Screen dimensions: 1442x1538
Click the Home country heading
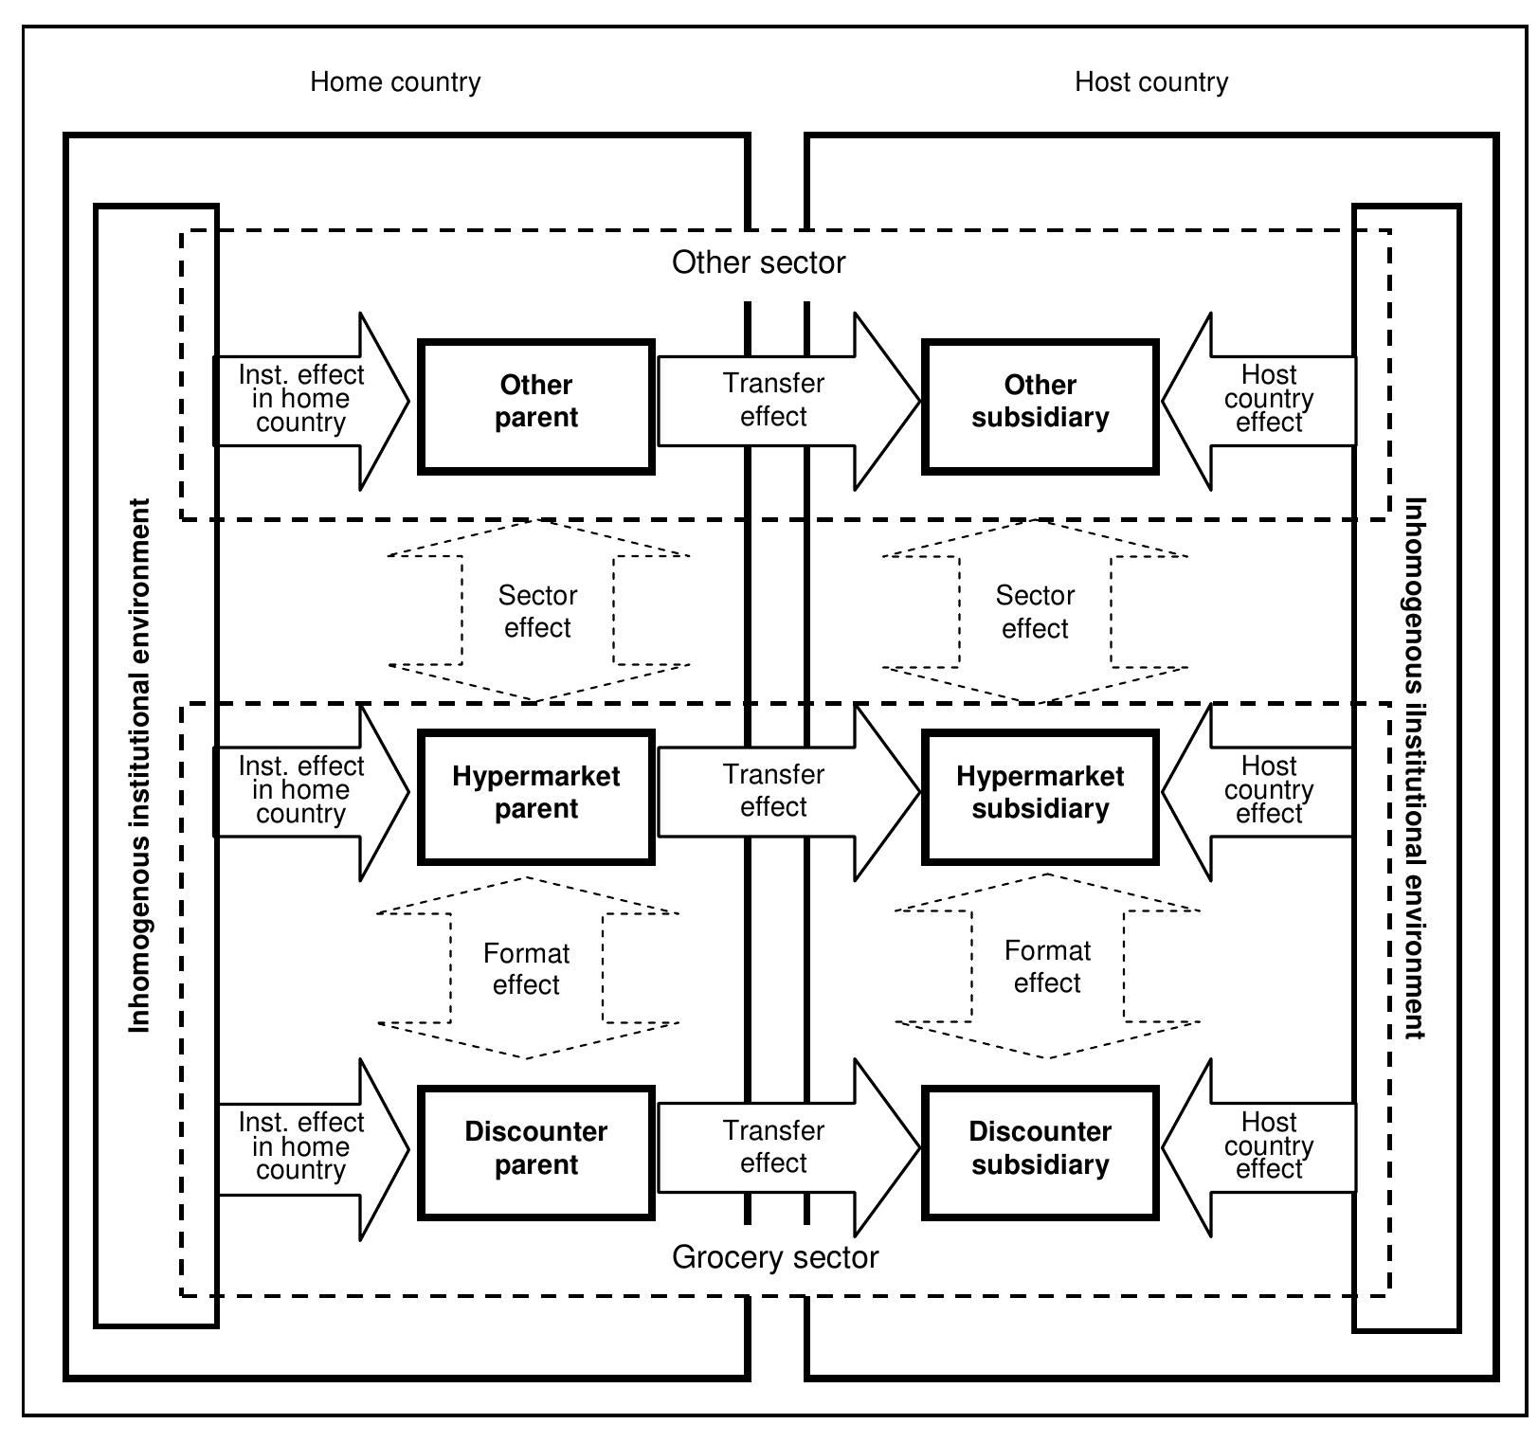tap(395, 82)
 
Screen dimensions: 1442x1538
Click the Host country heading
tap(1150, 82)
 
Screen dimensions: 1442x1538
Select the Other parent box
tap(536, 406)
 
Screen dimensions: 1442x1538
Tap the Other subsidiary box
tap(1040, 406)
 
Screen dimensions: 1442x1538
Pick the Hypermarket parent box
tap(536, 796)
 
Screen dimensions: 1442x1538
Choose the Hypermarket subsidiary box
tap(1040, 796)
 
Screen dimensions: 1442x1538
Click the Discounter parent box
tap(536, 1151)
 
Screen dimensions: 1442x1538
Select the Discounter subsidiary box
tap(1040, 1151)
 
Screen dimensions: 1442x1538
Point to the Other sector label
tap(758, 262)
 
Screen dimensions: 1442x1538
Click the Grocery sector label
tap(775, 1257)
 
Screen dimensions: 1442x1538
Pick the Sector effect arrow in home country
tap(537, 612)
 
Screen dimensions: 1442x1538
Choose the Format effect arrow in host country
tap(1047, 966)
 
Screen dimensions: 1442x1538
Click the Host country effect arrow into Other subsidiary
tap(1268, 400)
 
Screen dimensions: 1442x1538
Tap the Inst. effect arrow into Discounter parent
tap(301, 1147)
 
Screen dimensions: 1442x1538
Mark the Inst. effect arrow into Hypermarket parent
tap(301, 791)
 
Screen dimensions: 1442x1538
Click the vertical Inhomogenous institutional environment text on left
tap(140, 765)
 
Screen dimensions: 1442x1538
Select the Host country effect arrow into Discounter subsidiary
tap(1268, 1146)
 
